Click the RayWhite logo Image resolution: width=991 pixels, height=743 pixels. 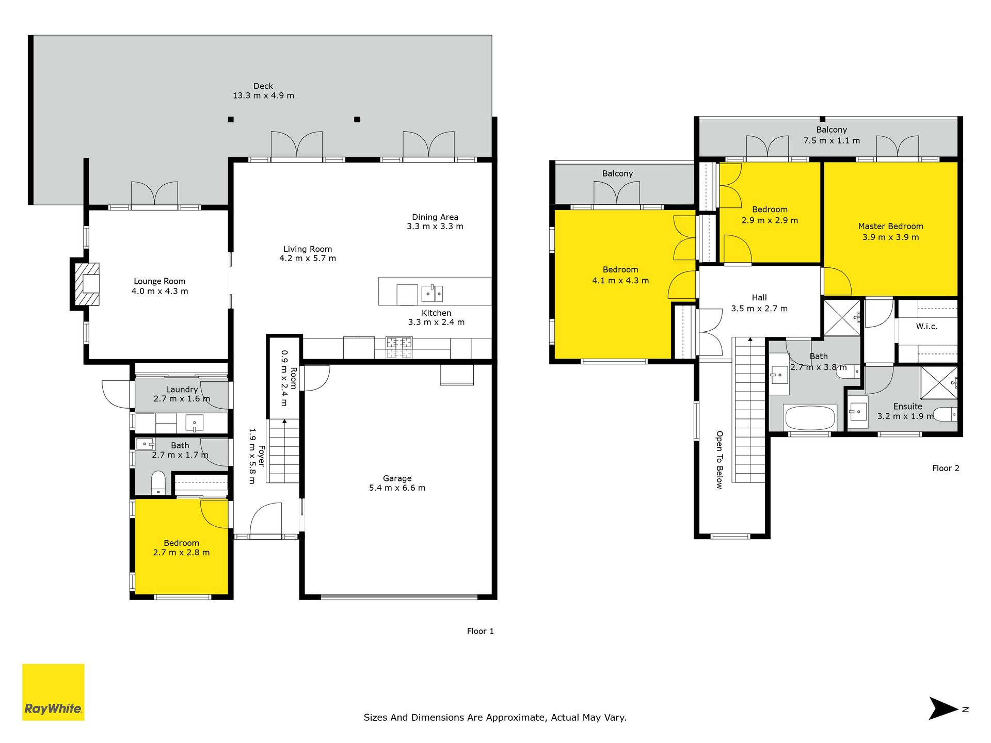(x=53, y=692)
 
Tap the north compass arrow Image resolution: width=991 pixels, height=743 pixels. (x=944, y=708)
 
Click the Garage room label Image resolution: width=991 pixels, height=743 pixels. (x=397, y=478)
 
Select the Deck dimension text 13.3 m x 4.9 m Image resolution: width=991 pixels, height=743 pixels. (x=263, y=95)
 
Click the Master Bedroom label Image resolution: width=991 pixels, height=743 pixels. (x=891, y=226)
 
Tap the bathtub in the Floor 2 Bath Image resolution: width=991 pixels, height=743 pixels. (x=810, y=417)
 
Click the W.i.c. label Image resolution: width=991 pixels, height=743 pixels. (x=927, y=326)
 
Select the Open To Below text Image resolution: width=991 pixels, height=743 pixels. (x=720, y=460)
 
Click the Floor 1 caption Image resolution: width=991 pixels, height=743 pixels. (x=481, y=631)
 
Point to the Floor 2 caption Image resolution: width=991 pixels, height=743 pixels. (x=946, y=468)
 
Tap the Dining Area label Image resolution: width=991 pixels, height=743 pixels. (x=435, y=217)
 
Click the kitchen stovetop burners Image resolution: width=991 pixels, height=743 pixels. (x=399, y=347)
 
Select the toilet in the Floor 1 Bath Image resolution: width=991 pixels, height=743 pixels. (x=158, y=482)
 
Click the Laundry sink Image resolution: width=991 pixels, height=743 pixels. (x=195, y=423)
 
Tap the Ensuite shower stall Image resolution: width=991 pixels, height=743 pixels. (x=939, y=382)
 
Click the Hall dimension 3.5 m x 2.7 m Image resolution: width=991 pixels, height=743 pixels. (x=759, y=309)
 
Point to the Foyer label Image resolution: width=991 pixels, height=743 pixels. (x=262, y=456)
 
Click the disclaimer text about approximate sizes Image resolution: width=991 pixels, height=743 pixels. (x=495, y=717)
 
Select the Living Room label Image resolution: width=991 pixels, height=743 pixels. (x=308, y=249)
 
